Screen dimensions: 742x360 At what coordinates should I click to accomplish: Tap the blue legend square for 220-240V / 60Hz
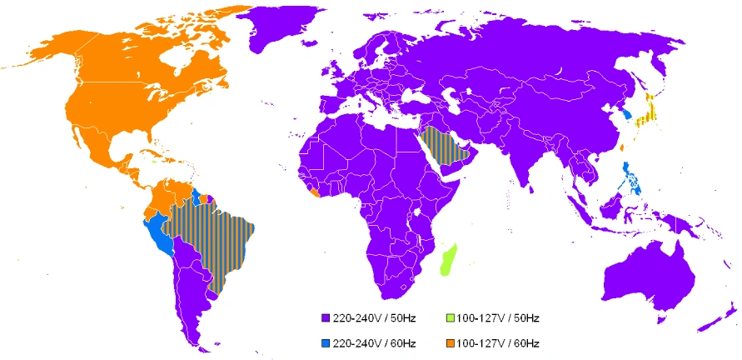point(324,342)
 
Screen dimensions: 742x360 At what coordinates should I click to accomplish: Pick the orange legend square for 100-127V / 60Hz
point(449,342)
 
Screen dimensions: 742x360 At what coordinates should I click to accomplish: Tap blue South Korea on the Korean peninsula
point(626,112)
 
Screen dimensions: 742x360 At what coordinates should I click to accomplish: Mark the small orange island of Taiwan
point(622,148)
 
